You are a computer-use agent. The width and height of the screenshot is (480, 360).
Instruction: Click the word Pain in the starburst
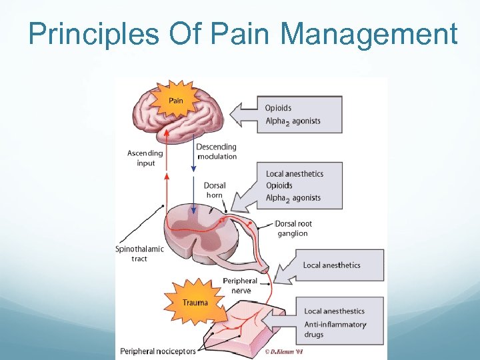tap(175, 101)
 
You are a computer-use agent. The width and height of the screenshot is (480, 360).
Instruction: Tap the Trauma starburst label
tap(195, 302)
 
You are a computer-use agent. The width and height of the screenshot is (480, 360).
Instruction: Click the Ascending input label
tap(145, 158)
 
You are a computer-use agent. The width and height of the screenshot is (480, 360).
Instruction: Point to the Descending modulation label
tap(216, 151)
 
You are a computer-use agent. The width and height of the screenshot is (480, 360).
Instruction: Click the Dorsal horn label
tap(215, 190)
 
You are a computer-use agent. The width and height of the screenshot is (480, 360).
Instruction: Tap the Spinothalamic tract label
tap(139, 253)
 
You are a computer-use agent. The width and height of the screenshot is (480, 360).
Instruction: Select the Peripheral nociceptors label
tap(157, 351)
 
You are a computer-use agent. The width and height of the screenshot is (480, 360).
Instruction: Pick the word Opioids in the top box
tap(278, 108)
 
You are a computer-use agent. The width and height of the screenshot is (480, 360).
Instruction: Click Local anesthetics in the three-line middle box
tap(294, 174)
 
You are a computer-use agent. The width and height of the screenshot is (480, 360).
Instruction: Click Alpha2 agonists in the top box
tap(293, 121)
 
